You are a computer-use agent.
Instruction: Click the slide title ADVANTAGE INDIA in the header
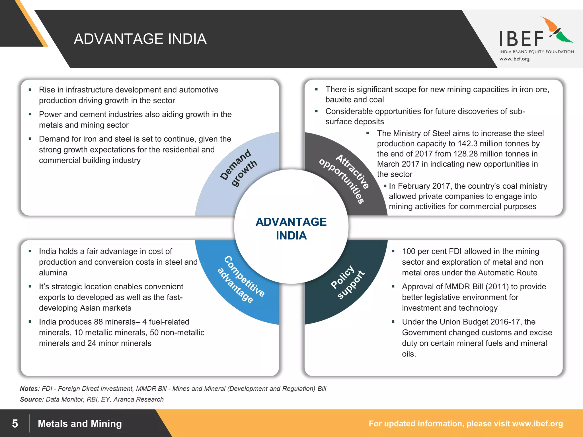coord(140,39)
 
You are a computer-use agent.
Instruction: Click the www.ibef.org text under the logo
coord(514,59)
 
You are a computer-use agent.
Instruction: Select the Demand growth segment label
coord(239,168)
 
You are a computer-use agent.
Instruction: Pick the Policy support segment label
coord(347,282)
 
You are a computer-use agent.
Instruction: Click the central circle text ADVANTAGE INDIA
coord(291,228)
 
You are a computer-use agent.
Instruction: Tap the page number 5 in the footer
coord(15,424)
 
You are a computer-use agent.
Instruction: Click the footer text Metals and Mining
coord(80,424)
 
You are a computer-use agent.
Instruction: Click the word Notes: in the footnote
coord(30,389)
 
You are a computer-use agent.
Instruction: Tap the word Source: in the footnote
coord(32,399)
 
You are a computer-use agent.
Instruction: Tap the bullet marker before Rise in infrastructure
coord(30,90)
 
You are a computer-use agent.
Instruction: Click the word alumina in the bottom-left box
coord(53,273)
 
